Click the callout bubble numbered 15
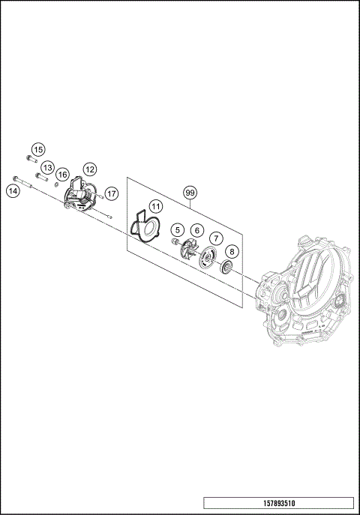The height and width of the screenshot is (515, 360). [37, 149]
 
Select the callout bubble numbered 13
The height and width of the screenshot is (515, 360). [47, 167]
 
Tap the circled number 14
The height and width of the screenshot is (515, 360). [13, 191]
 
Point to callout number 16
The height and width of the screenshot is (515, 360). [63, 174]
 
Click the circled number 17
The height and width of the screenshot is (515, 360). [111, 193]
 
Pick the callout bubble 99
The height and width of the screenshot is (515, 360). [190, 193]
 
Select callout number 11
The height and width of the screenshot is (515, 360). [154, 205]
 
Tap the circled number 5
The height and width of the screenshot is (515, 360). [177, 229]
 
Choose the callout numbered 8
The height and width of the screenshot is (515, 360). [232, 252]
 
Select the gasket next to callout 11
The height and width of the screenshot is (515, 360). [146, 229]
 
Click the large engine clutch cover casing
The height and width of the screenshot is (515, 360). [304, 300]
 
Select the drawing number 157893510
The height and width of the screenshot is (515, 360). [278, 502]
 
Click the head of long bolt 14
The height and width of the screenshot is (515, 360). [15, 178]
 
